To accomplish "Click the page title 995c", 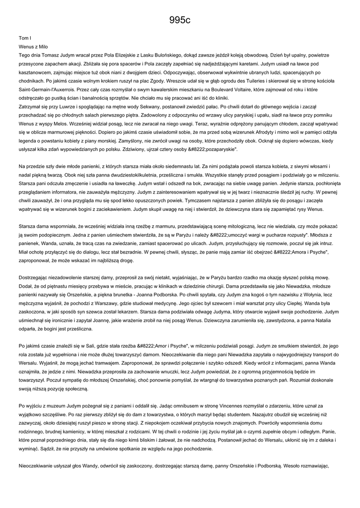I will [180, 20].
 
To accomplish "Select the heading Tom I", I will [25, 38].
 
